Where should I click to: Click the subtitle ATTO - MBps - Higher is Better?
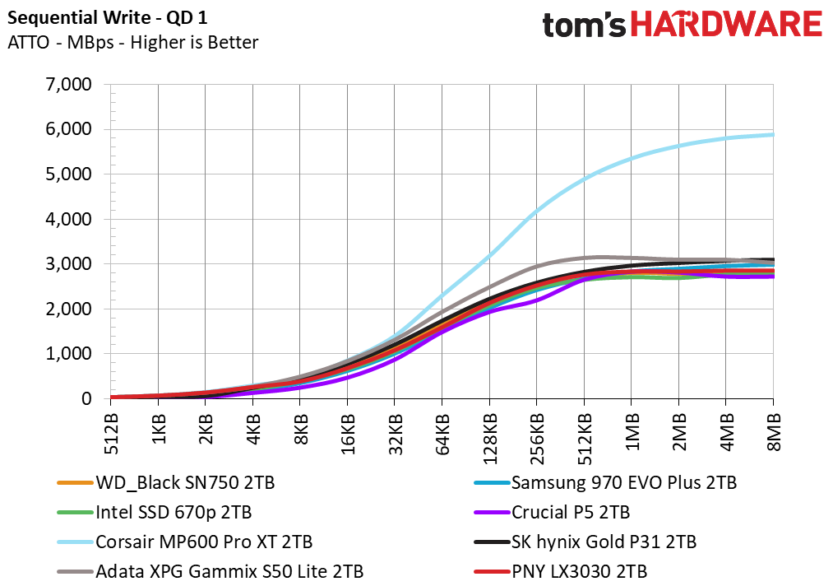[132, 42]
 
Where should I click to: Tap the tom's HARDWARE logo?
[682, 24]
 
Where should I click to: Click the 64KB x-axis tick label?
[442, 430]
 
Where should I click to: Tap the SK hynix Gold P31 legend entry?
[604, 542]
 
